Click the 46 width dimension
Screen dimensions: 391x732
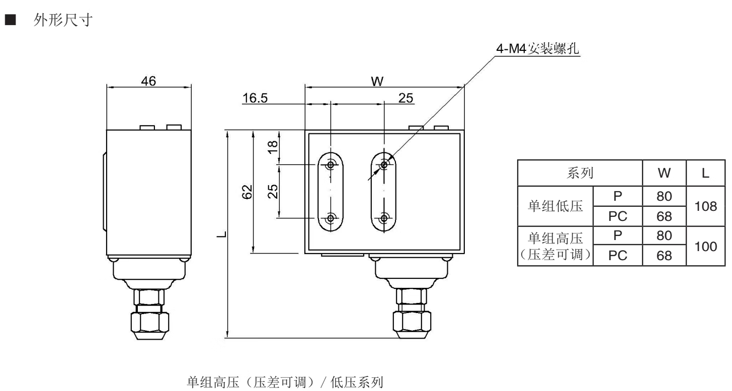[x=149, y=81]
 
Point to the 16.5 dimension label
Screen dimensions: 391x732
[x=255, y=98]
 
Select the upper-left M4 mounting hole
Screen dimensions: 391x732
[x=331, y=165]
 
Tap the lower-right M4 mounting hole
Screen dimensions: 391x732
[x=384, y=218]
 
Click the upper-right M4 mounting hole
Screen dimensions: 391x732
[x=384, y=165]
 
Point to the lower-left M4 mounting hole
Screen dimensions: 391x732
[x=331, y=218]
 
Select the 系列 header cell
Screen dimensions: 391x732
[x=580, y=173]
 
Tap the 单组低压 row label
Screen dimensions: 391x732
[x=555, y=206]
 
